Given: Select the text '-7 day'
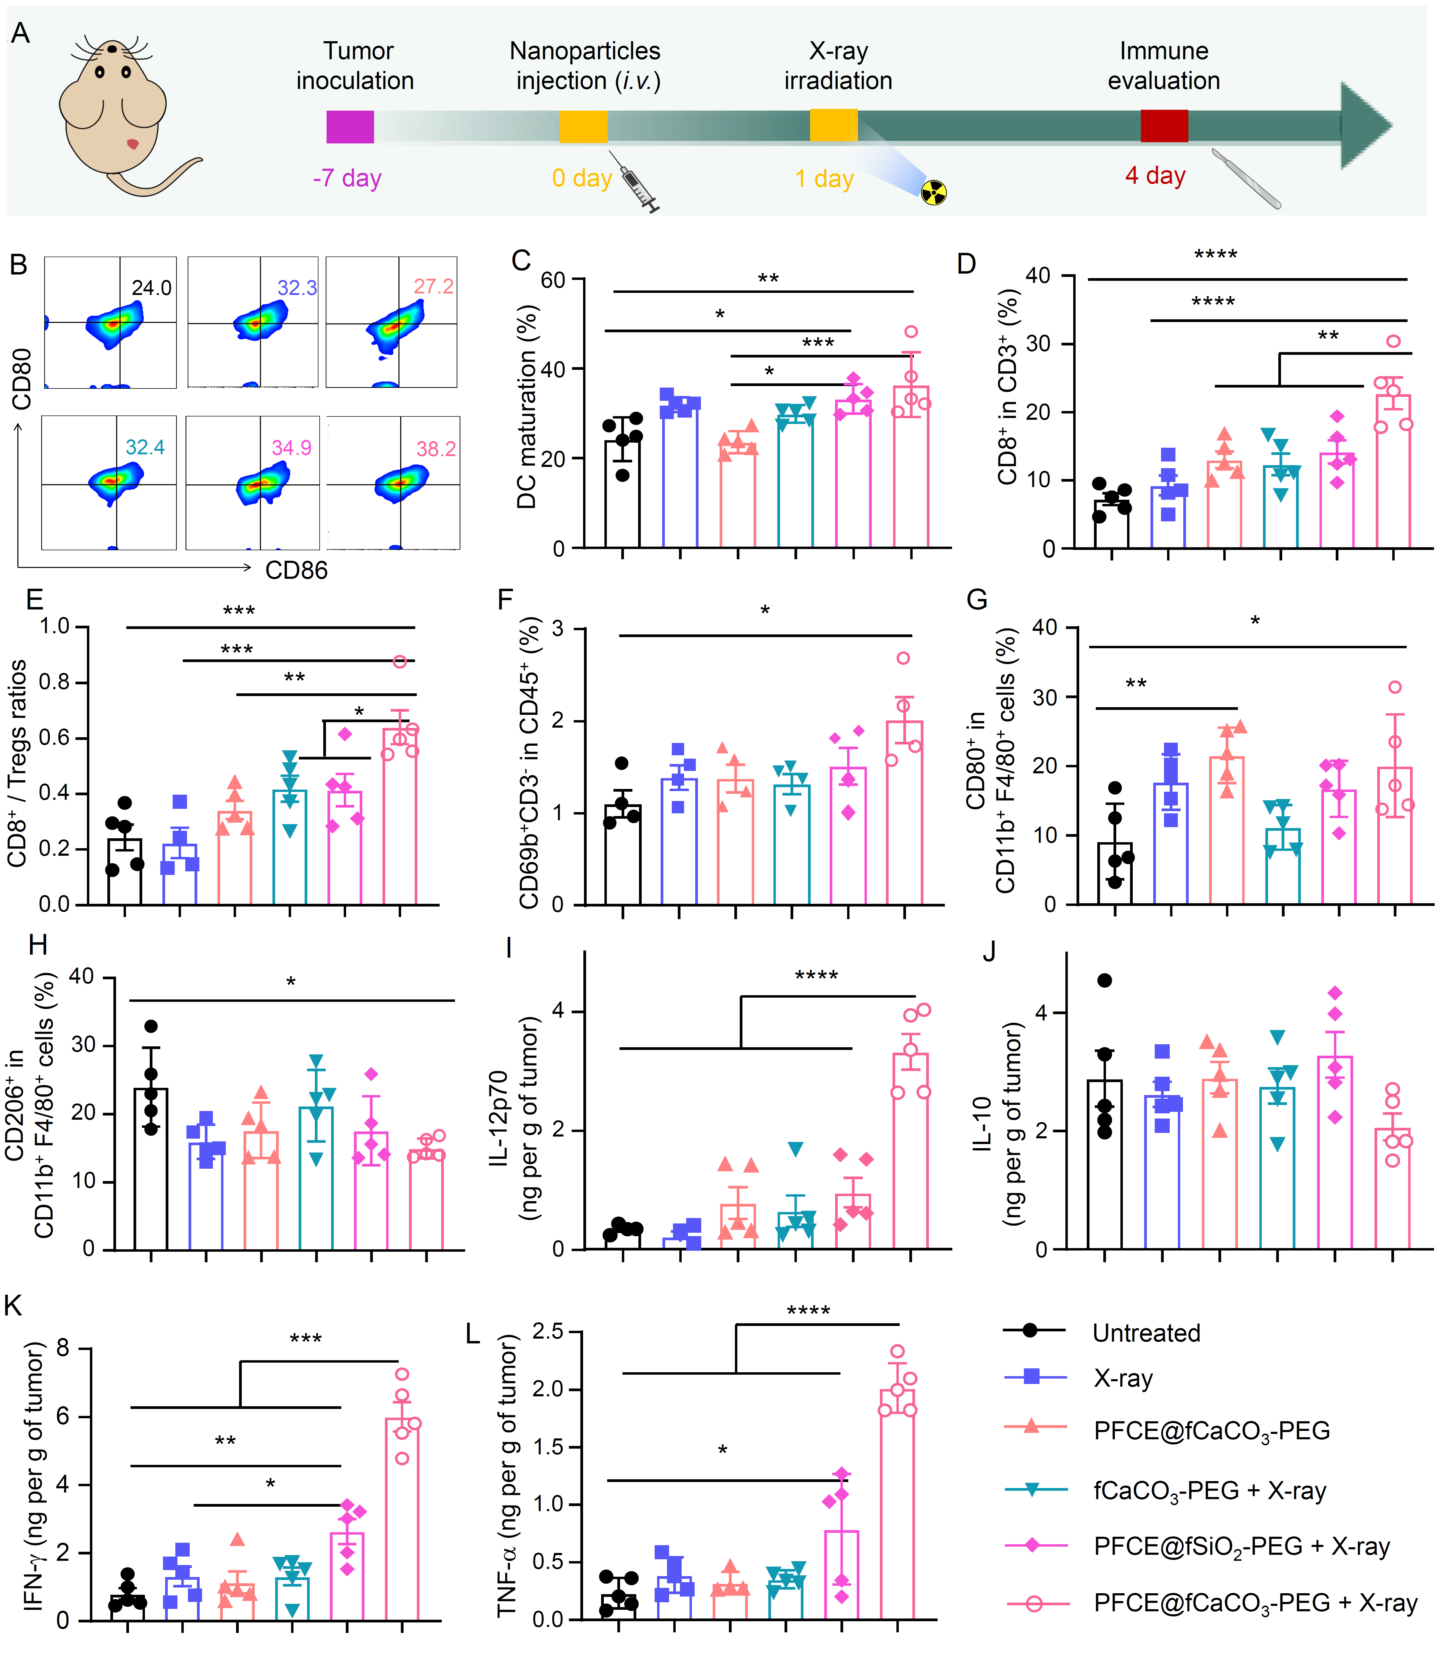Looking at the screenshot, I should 347,178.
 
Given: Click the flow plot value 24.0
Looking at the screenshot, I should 152,288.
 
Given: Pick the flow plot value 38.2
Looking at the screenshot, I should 435,448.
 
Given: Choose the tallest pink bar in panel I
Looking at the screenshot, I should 911,1151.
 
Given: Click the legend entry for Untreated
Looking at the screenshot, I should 1146,1333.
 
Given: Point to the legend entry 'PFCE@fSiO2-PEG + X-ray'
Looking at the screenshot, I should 1241,1547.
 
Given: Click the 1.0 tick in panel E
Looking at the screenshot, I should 55,627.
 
